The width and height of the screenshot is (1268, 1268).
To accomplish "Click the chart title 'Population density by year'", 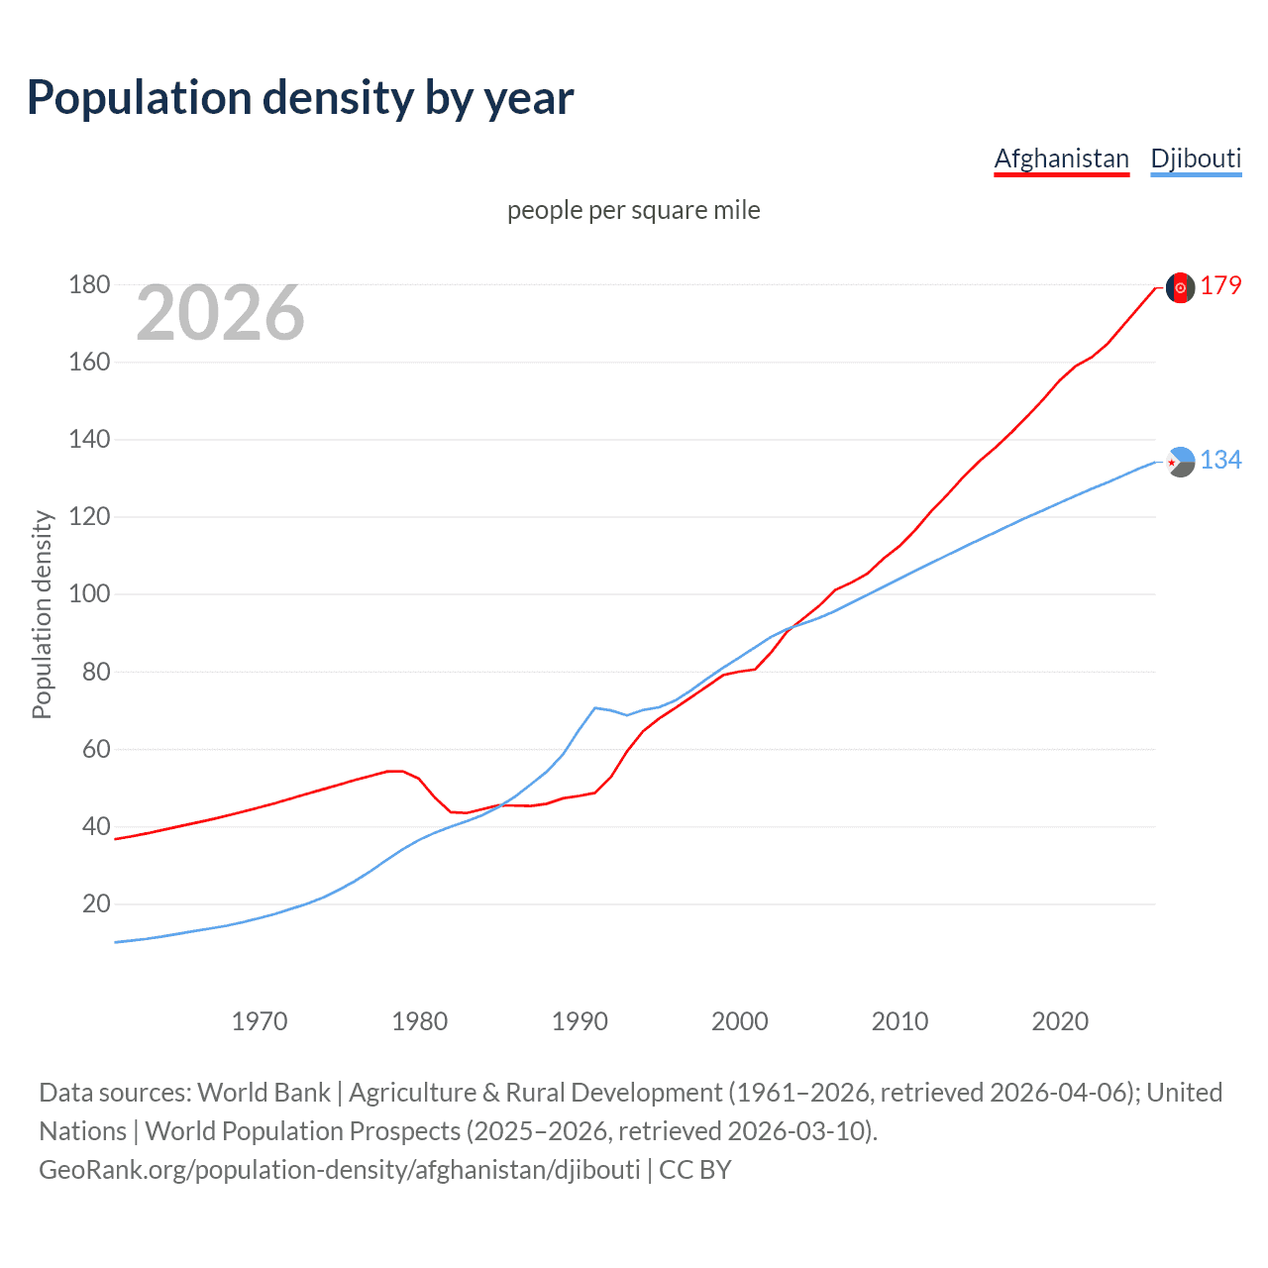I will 300,98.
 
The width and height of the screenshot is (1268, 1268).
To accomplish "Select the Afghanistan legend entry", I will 1061,158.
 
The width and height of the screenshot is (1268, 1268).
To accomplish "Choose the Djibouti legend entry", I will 1196,158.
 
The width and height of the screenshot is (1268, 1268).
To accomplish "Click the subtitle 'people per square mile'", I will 634,210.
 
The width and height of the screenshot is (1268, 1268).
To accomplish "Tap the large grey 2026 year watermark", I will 220,313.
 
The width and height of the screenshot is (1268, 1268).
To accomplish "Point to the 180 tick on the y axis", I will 89,285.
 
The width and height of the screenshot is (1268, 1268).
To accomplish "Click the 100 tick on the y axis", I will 89,594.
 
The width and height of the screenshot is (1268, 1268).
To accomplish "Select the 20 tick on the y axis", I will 96,903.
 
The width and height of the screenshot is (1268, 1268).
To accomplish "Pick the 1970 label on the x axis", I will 260,1021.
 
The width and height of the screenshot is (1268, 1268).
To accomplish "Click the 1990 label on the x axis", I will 580,1021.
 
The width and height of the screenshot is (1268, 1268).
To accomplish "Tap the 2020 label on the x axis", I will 1060,1021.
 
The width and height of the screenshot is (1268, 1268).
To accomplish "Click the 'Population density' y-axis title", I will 42,614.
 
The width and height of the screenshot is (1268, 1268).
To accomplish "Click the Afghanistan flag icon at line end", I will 1180,287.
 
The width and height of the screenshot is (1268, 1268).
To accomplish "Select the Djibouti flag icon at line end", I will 1180,462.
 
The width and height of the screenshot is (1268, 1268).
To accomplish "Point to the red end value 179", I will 1220,286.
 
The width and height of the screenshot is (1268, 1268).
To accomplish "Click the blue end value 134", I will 1220,460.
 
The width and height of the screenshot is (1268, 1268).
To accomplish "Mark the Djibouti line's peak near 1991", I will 594,707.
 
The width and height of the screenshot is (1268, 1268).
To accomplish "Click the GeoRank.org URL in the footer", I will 340,1170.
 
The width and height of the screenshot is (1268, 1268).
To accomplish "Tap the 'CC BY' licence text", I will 695,1170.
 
